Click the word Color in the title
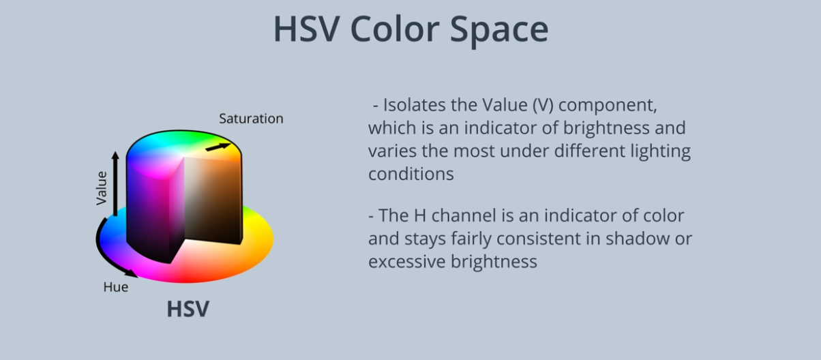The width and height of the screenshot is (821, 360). click(395, 29)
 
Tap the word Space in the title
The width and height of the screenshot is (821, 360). click(499, 31)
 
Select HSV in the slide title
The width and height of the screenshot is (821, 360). click(306, 29)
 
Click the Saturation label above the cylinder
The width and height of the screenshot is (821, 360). click(251, 119)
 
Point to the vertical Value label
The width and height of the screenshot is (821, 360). click(101, 187)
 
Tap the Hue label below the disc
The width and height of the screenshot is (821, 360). click(116, 286)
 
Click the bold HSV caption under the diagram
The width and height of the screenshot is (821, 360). click(188, 309)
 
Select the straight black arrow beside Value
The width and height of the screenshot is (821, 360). click(115, 183)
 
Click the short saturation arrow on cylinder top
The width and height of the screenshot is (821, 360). click(218, 147)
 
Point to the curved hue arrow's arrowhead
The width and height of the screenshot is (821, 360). click(132, 273)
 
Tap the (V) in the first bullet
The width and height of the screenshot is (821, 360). click(543, 105)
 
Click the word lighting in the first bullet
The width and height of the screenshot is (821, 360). click(661, 151)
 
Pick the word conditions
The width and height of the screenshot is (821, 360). click(411, 174)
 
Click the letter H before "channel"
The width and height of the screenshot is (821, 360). click(420, 215)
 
